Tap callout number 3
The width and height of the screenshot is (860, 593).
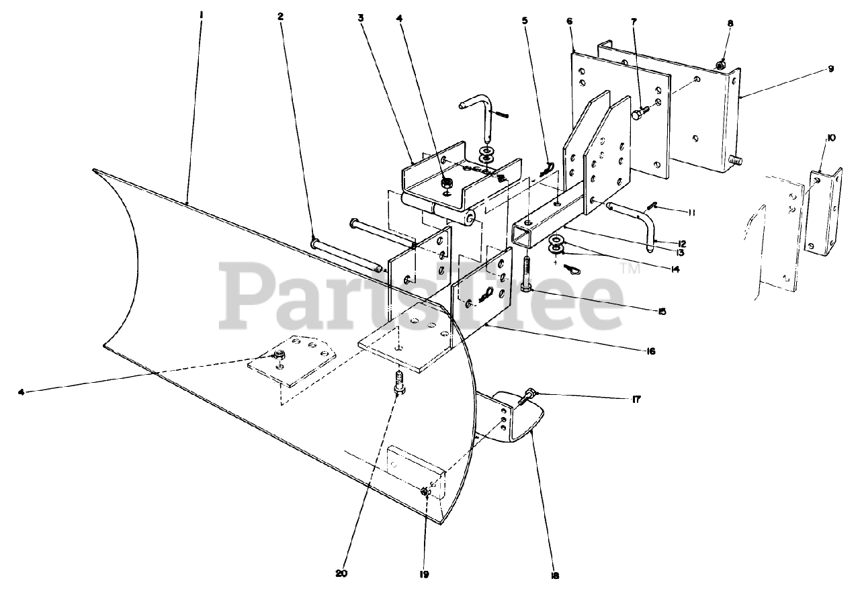point(361,18)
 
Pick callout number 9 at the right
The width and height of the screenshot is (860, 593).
point(830,69)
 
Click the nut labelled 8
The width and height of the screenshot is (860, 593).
point(720,65)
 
